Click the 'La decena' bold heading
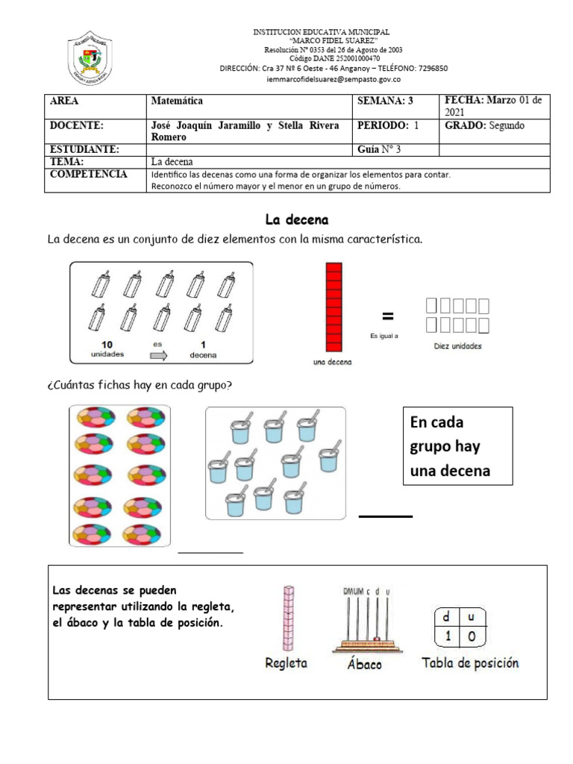click(297, 220)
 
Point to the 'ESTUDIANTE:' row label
click(84, 149)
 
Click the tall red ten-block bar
click(334, 306)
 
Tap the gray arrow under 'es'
click(159, 356)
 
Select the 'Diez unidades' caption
click(457, 346)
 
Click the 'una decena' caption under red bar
click(333, 363)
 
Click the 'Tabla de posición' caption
click(470, 663)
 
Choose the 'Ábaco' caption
click(365, 664)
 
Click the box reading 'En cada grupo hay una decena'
click(457, 446)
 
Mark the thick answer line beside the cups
click(386, 516)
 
